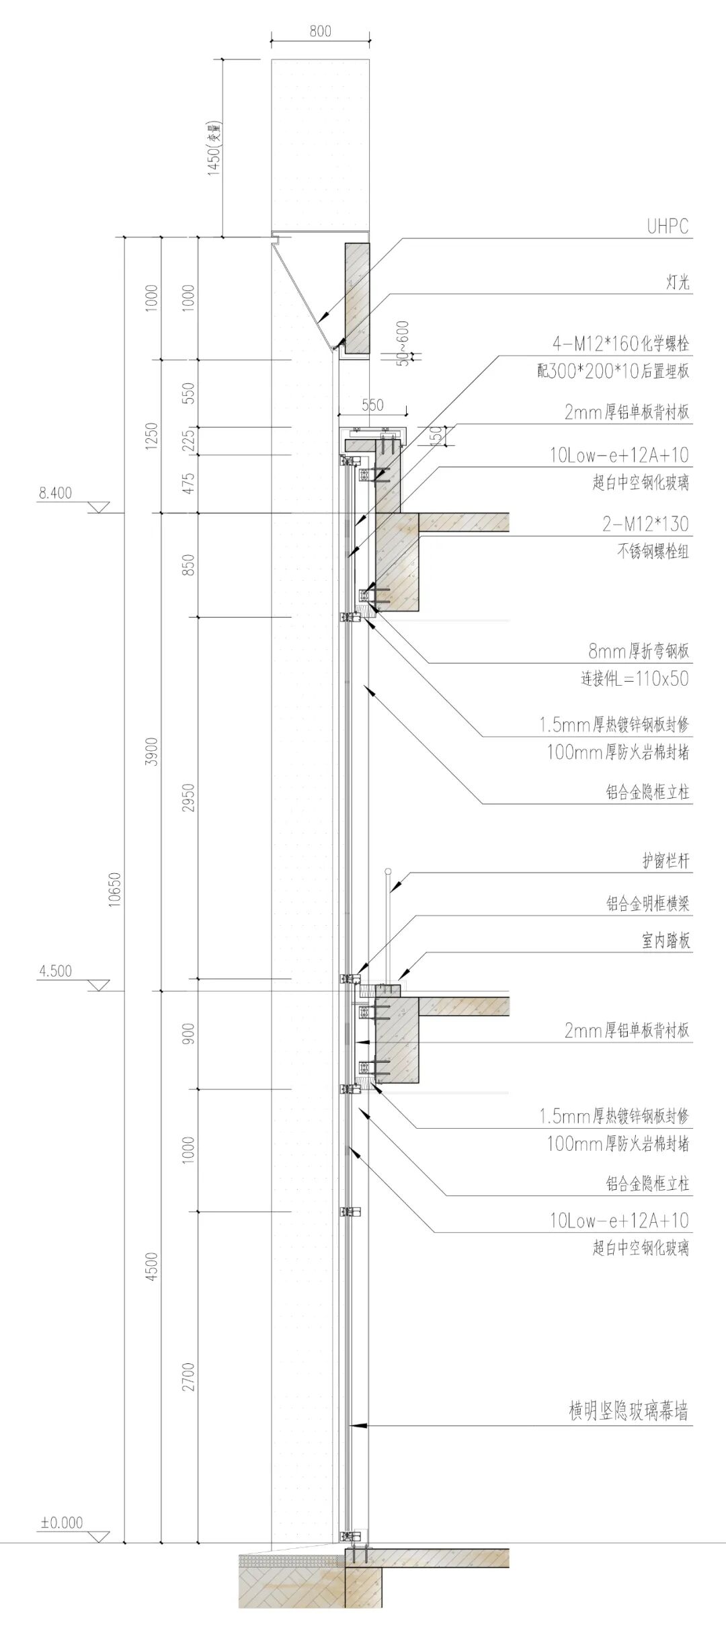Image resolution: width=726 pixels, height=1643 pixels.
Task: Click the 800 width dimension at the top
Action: pyautogui.click(x=321, y=31)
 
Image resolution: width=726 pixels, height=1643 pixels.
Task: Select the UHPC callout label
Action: pyautogui.click(x=668, y=227)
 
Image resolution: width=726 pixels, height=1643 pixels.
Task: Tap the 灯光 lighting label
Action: pyautogui.click(x=677, y=282)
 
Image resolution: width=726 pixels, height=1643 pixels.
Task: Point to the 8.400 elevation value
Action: pyautogui.click(x=55, y=493)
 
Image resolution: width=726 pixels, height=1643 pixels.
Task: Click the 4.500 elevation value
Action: pyautogui.click(x=55, y=971)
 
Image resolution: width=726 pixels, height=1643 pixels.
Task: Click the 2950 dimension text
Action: pyautogui.click(x=189, y=797)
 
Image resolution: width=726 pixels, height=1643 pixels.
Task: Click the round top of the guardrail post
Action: pyautogui.click(x=388, y=872)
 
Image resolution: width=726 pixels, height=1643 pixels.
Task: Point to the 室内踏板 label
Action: pyautogui.click(x=665, y=940)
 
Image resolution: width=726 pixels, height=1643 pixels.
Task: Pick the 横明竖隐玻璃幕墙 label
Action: pyautogui.click(x=628, y=1412)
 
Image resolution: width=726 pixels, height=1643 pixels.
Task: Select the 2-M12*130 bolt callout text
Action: pyautogui.click(x=645, y=524)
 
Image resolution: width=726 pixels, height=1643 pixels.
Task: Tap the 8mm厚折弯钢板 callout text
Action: pyautogui.click(x=639, y=651)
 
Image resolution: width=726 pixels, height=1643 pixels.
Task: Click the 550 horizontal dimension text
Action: pyautogui.click(x=372, y=405)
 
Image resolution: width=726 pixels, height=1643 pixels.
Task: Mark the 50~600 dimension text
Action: pyautogui.click(x=402, y=343)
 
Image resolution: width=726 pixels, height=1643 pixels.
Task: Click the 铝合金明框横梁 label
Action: pyautogui.click(x=647, y=904)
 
